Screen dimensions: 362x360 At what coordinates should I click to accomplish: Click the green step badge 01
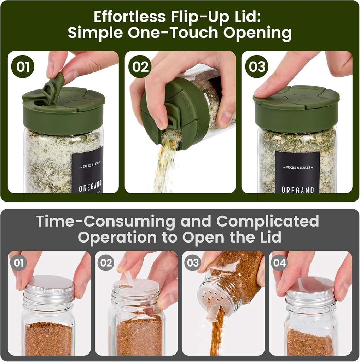(23, 66)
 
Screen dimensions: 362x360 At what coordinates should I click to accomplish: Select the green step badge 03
(256, 66)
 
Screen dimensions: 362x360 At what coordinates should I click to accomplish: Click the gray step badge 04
(279, 263)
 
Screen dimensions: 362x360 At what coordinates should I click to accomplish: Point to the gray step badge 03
(193, 263)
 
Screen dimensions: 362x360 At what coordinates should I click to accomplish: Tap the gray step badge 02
(106, 263)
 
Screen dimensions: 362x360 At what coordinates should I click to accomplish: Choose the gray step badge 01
(18, 263)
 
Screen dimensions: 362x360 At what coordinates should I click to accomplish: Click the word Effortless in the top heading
(130, 17)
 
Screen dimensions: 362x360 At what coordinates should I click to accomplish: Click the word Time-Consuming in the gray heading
(105, 222)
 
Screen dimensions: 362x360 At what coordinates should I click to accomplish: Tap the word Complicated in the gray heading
(268, 222)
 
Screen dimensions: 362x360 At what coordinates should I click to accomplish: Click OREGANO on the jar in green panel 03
(297, 190)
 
